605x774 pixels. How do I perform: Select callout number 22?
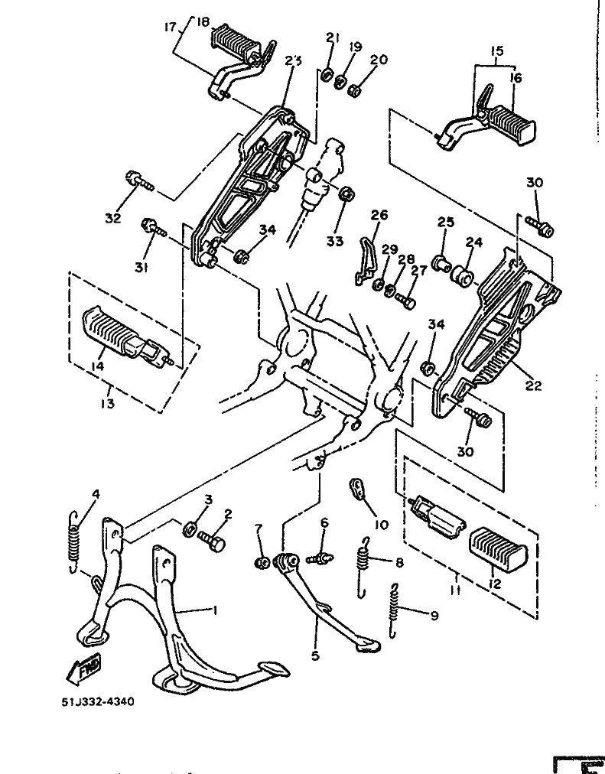(533, 385)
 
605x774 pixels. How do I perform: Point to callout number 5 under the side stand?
(315, 655)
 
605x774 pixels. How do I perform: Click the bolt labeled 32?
(139, 180)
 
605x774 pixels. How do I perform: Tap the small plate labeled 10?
(358, 489)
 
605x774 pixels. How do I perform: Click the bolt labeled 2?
(212, 541)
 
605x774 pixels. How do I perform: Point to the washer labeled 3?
(189, 529)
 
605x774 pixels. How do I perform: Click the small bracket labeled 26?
(366, 261)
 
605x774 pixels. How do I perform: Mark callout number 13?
(107, 403)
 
